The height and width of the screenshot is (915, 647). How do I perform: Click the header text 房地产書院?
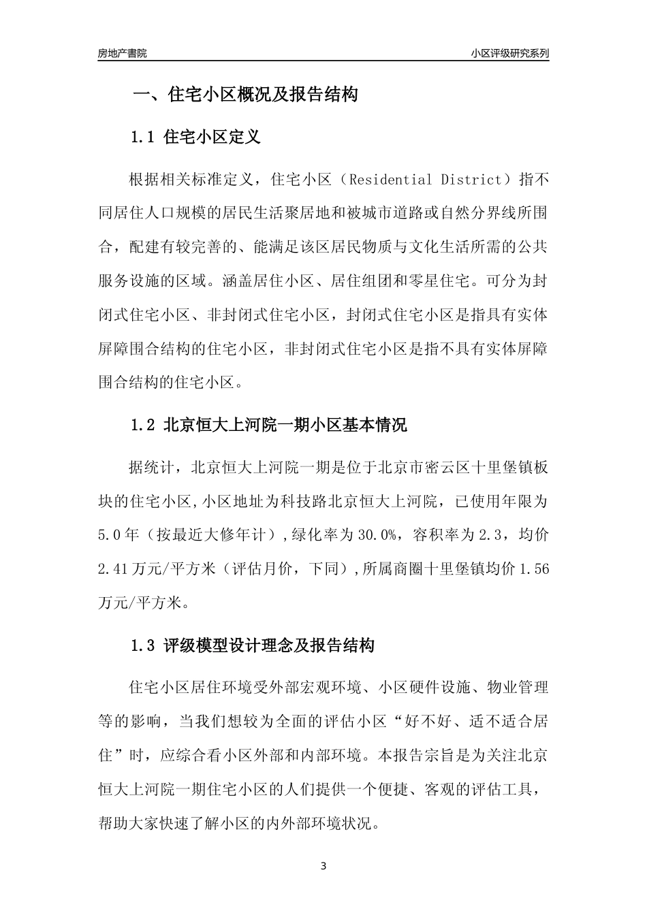pos(122,53)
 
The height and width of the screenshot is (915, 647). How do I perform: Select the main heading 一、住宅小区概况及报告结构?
pos(244,95)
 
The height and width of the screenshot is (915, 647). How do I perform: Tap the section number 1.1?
pos(144,138)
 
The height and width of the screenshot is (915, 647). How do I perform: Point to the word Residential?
pos(389,180)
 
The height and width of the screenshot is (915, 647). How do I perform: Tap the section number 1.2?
pos(144,426)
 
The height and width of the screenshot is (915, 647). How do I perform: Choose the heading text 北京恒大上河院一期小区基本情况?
pos(285,426)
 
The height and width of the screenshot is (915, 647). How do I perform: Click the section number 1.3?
pos(144,645)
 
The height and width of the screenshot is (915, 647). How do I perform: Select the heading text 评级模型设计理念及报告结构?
pos(269,645)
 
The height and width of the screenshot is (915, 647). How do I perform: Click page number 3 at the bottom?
pos(323,867)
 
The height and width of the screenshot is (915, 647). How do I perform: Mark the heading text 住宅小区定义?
pos(212,138)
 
